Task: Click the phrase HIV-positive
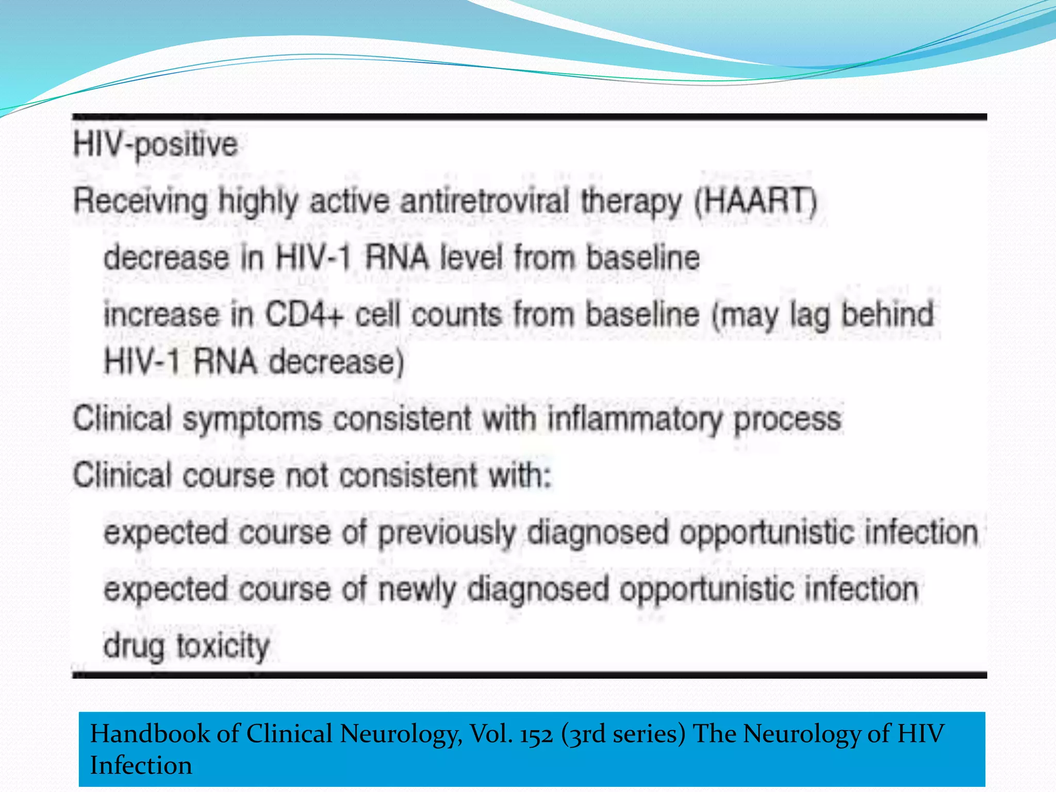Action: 155,145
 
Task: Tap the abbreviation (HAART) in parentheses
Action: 755,201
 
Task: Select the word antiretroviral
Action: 485,201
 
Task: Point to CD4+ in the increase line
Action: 304,314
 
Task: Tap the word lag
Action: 810,315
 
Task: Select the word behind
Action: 887,314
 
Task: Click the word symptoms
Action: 252,419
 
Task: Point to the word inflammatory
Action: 635,419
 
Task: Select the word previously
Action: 447,533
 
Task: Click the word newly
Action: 417,590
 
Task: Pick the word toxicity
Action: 223,647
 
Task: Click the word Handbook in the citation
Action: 150,734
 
